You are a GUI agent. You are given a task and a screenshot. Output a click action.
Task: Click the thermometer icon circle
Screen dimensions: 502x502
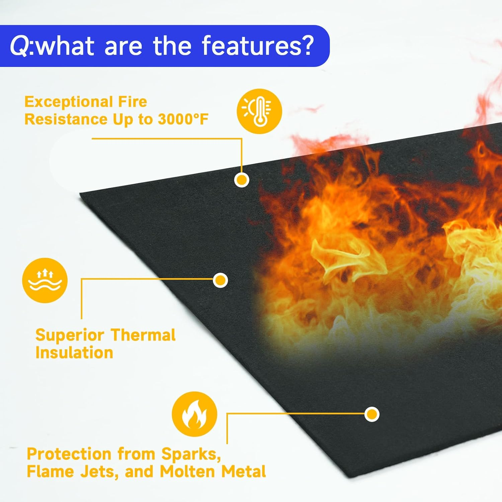click(x=259, y=111)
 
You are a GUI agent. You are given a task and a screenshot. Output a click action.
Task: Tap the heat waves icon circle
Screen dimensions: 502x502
click(x=45, y=280)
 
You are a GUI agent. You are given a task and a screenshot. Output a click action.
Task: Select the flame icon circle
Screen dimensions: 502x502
click(x=194, y=414)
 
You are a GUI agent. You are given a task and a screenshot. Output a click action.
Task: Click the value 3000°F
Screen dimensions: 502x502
click(x=183, y=119)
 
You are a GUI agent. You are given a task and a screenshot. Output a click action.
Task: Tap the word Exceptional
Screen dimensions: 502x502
click(x=64, y=102)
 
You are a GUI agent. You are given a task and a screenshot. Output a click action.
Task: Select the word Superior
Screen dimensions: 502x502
click(x=70, y=335)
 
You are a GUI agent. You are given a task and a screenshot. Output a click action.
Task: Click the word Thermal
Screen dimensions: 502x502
click(x=143, y=335)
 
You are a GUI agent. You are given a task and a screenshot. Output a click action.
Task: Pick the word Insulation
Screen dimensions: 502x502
click(x=74, y=353)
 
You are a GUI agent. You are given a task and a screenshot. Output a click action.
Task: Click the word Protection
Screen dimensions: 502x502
click(x=69, y=454)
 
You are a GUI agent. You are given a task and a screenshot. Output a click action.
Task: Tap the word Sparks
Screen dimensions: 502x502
click(x=191, y=454)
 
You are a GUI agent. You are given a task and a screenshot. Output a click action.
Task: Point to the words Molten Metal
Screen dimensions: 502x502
click(x=213, y=472)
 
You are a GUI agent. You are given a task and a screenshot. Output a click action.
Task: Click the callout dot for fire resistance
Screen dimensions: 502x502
click(x=242, y=180)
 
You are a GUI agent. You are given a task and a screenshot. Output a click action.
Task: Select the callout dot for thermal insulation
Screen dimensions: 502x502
click(x=220, y=280)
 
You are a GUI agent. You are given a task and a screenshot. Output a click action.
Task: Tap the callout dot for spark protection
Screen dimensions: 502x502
click(x=371, y=414)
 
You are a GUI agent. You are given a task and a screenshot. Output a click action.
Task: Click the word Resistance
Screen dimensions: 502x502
click(x=66, y=119)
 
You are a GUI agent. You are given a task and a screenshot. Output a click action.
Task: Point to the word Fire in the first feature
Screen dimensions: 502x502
click(x=133, y=102)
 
